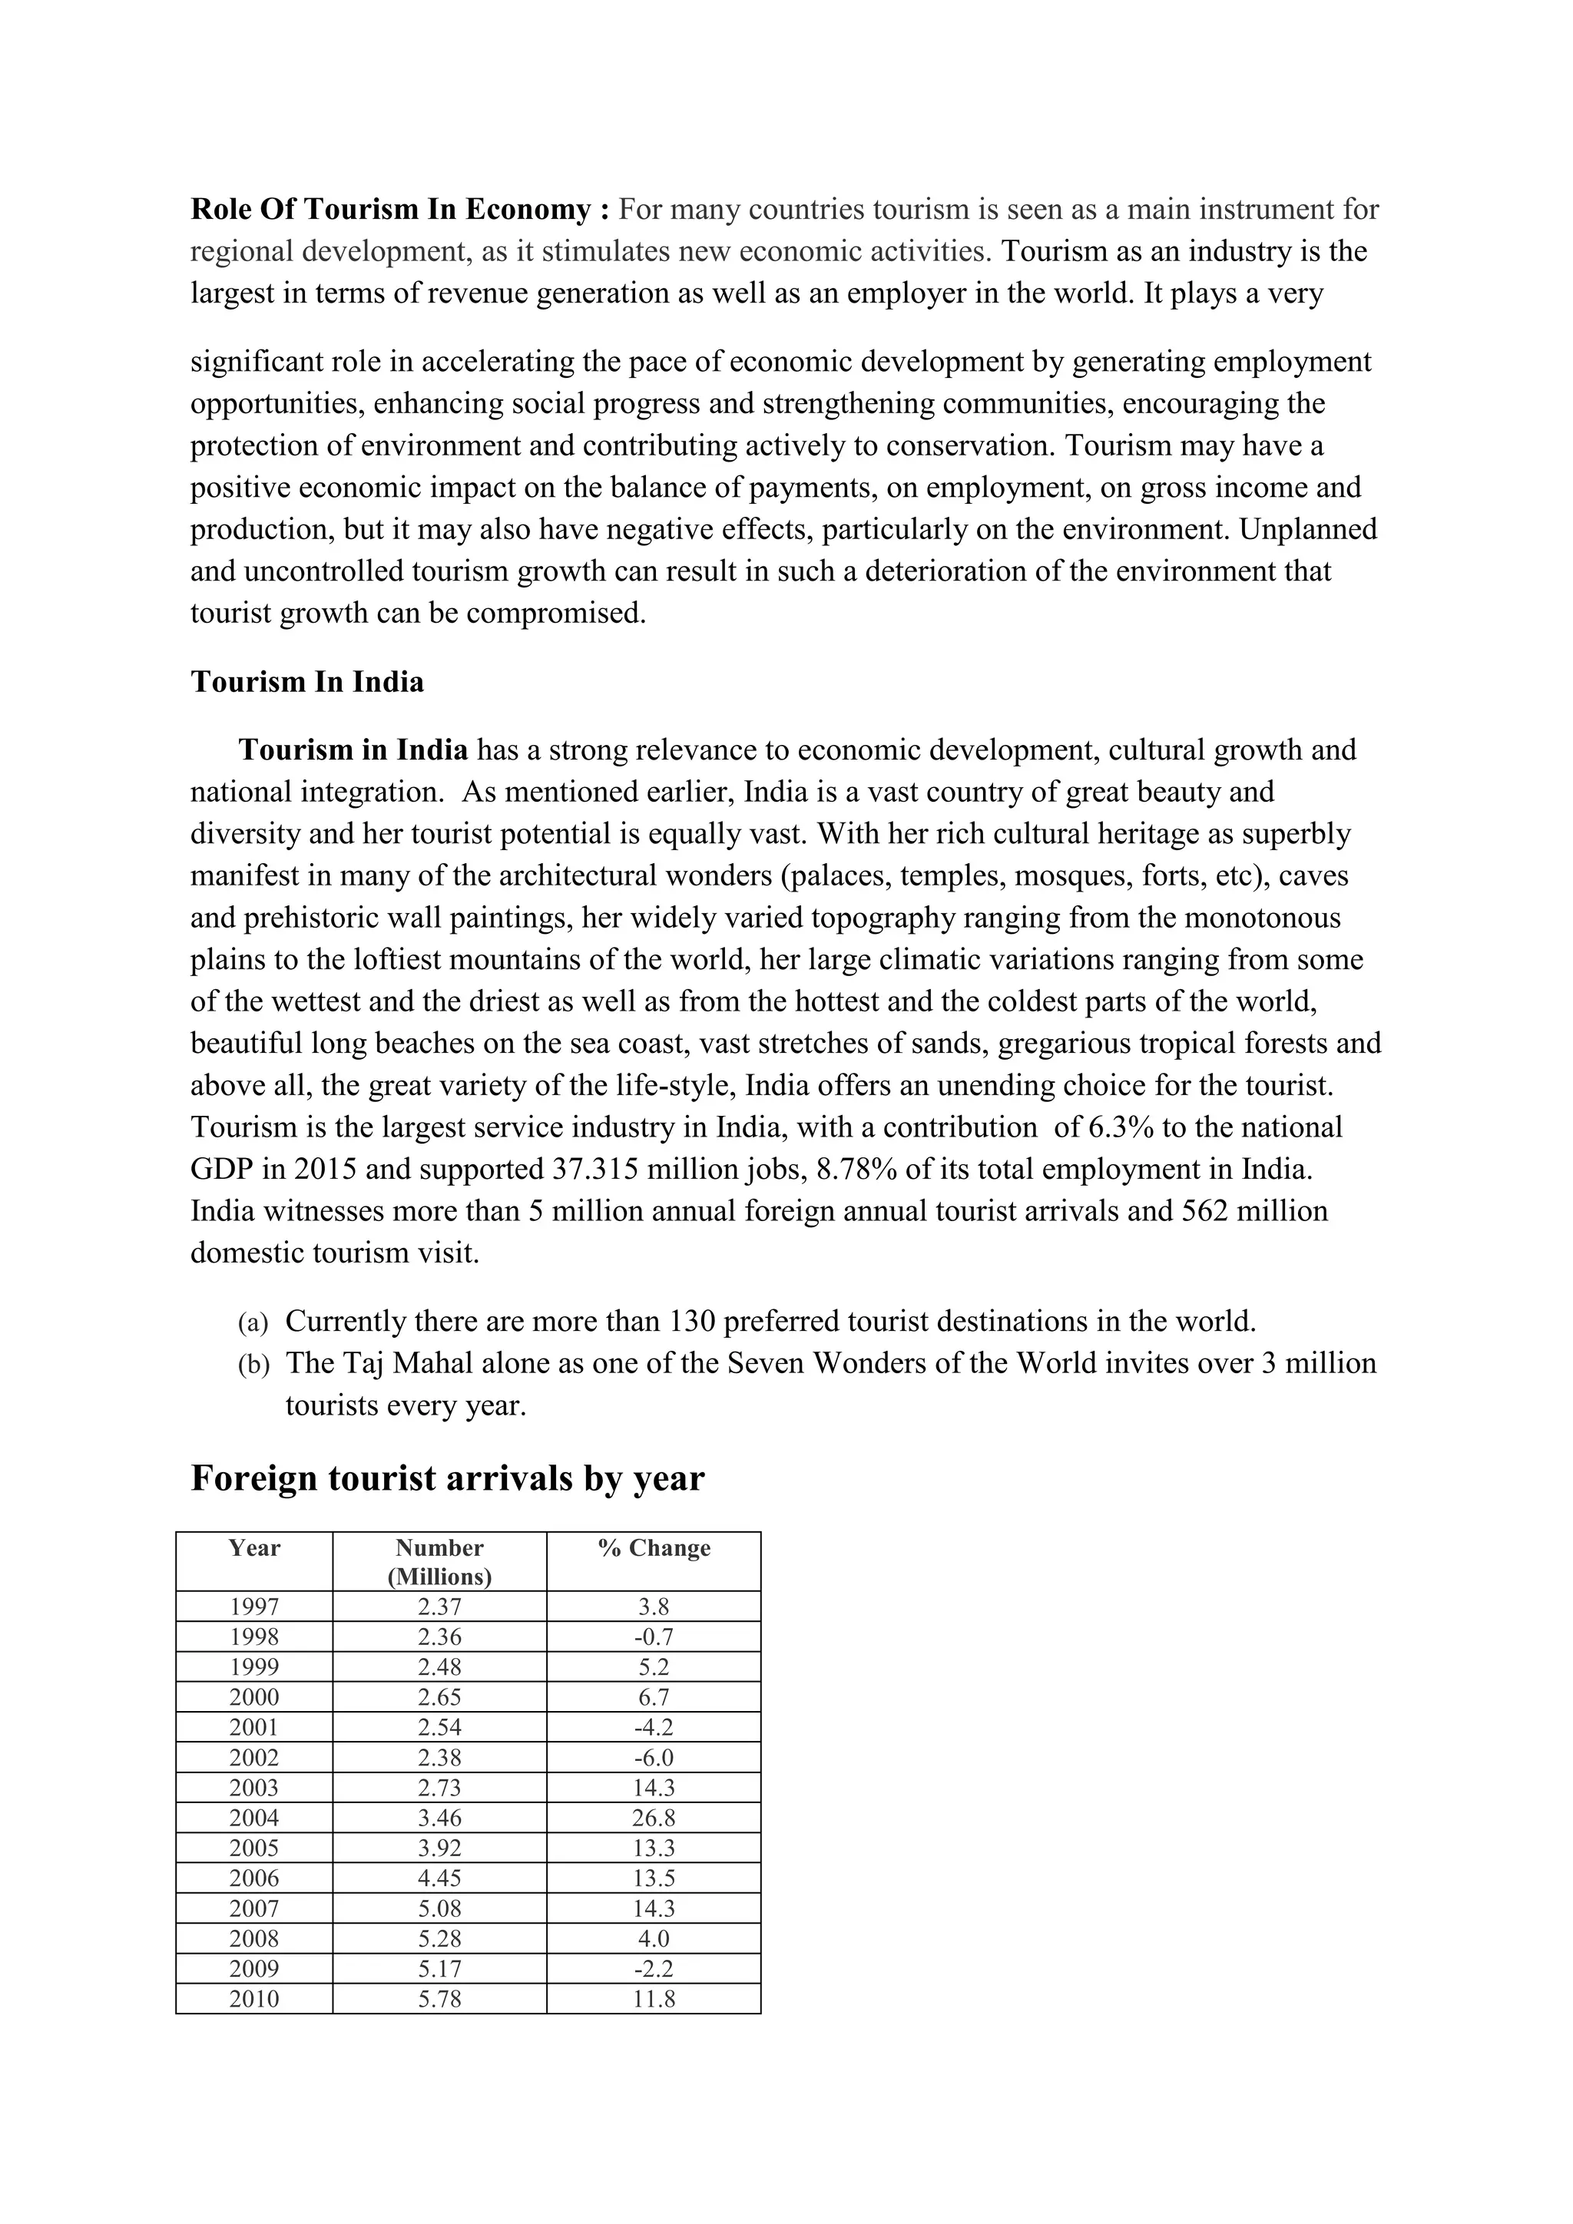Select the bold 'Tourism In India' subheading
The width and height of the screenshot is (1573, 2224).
(307, 682)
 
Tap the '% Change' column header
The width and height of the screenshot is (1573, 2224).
(654, 1548)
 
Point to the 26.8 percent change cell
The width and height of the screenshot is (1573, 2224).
(654, 1819)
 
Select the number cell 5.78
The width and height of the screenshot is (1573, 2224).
(440, 1998)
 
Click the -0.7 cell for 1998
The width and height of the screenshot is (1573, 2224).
(654, 1637)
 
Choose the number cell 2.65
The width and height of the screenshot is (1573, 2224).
(440, 1697)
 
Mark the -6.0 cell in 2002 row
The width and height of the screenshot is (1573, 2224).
(654, 1758)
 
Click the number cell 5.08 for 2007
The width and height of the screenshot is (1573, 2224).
(440, 1908)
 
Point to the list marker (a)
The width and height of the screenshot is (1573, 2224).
(252, 1323)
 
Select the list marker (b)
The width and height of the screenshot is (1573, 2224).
(253, 1365)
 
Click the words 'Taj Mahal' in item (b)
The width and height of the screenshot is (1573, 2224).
(393, 1364)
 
